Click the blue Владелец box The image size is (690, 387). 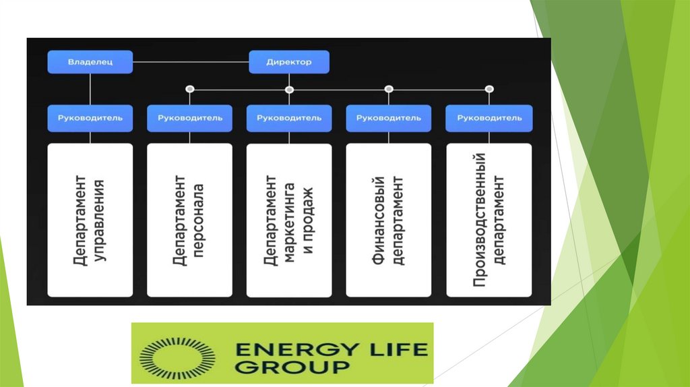[90, 62]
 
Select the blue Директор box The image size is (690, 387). [289, 62]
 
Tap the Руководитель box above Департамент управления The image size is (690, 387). [90, 118]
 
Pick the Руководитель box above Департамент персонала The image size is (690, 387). [190, 118]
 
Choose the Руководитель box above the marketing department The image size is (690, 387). [289, 118]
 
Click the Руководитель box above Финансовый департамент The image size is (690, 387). [389, 118]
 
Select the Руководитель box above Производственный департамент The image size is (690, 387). [489, 118]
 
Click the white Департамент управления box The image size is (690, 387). [90, 220]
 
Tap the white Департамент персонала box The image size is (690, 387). [190, 220]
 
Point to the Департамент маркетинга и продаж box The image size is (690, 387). [289, 220]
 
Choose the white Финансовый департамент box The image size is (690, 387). [389, 220]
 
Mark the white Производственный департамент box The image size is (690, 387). [489, 220]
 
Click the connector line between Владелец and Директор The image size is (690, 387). [191, 63]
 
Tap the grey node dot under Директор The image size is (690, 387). [289, 88]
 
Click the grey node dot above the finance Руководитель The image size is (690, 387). [389, 88]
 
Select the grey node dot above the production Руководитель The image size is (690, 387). [489, 88]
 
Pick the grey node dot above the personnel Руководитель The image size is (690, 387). [190, 88]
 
